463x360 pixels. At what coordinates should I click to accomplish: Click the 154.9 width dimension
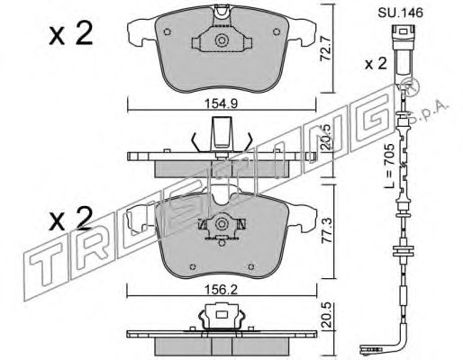pos(221,103)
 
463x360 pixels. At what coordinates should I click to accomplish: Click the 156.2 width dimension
pos(221,290)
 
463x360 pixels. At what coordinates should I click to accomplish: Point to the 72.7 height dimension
pos(325,49)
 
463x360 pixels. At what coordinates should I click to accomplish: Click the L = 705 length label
pos(390,166)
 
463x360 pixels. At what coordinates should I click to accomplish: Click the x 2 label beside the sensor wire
pos(376,64)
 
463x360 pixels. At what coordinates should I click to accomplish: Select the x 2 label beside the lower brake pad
pos(71,219)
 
